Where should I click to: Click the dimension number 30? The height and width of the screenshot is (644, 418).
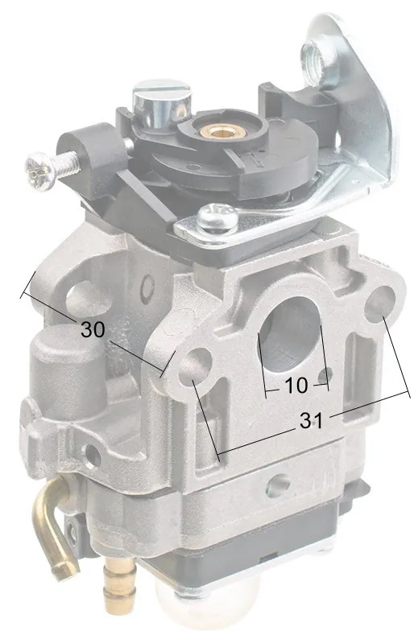pos(93,329)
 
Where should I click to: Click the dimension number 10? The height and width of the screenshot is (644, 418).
pos(296,386)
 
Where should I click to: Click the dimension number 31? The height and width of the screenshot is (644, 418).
pos(311,420)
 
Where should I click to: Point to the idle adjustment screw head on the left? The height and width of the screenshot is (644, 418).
pos(39,171)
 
